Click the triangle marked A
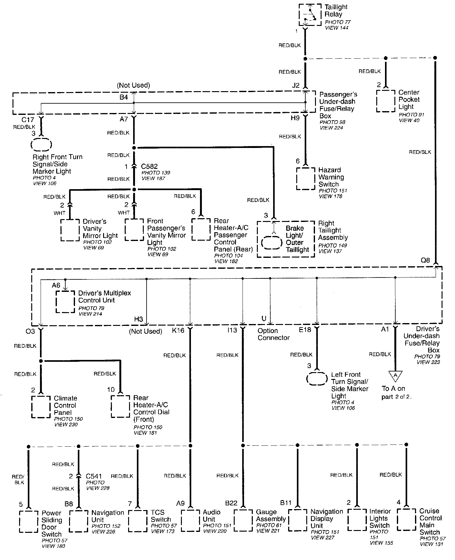395,376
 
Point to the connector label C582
149,166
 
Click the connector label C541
94,476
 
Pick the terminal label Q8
425,260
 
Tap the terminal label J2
296,85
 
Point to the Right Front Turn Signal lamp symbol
41,145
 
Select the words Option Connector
273,334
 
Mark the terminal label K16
178,330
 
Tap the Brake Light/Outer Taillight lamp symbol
272,243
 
